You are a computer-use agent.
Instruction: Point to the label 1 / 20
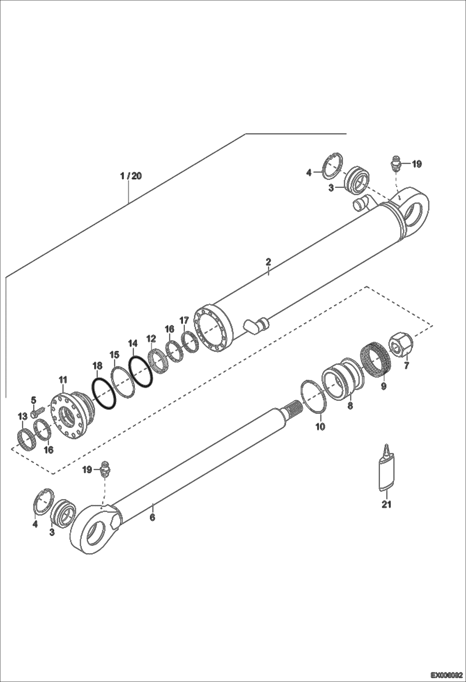[x=131, y=176]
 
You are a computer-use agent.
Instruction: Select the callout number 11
[x=63, y=380]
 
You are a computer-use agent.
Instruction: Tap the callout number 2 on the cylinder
[x=268, y=261]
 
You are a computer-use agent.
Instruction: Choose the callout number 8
[x=350, y=405]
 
